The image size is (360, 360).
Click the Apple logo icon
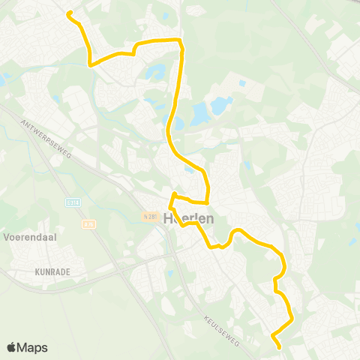pos(12,347)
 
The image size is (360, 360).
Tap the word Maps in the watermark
pos(33,347)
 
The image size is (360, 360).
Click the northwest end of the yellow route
pos(69,13)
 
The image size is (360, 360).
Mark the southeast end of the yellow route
pos(279,346)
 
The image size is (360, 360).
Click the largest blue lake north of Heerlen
pos(201,115)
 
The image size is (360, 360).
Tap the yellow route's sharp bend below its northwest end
pos(90,64)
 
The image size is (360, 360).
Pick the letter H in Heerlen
pos(168,218)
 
